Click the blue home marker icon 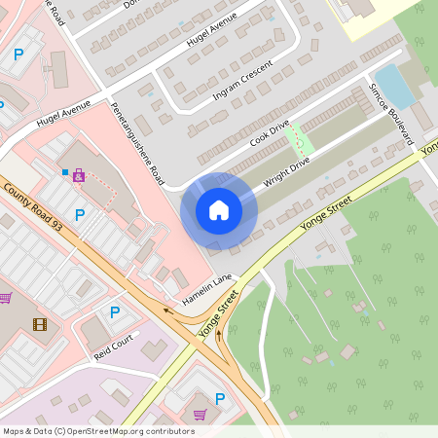[218, 210]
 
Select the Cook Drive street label [270, 133]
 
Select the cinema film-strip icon [39, 324]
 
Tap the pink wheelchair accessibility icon [79, 176]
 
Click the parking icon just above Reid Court [114, 312]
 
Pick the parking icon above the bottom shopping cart [219, 398]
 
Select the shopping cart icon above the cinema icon [5, 298]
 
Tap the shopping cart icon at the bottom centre [201, 415]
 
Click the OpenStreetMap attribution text [98, 430]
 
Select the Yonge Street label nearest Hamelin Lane [219, 317]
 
